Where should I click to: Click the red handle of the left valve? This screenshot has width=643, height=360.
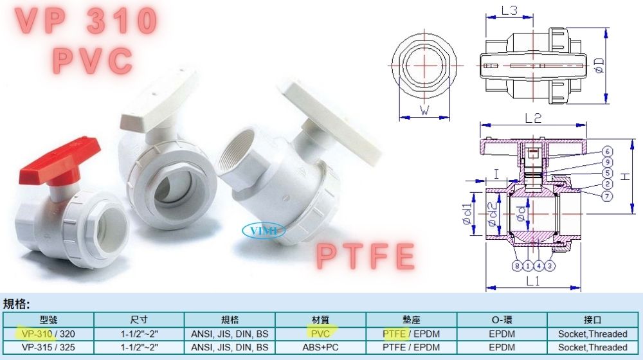59,161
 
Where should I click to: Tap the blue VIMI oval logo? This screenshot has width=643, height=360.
264,230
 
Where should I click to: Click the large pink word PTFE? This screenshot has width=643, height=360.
366,256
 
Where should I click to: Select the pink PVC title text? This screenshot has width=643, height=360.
93,60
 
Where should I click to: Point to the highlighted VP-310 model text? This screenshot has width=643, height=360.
37,334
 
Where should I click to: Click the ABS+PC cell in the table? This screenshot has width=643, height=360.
320,348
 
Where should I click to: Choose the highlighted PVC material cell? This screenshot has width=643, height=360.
320,334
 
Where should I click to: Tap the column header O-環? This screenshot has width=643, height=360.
502,319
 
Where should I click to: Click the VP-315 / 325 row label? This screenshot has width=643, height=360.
48,348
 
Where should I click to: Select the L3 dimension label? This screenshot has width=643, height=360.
509,10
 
